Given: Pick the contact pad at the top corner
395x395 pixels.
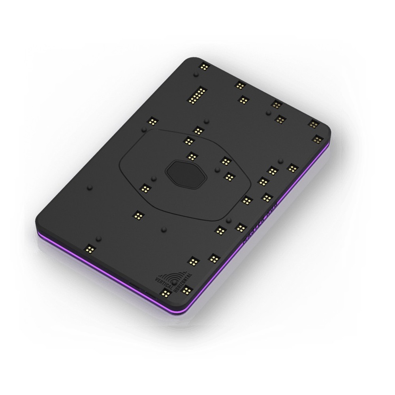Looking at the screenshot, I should click(x=204, y=67).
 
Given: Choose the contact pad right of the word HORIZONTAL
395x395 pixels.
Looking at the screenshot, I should click(x=187, y=290).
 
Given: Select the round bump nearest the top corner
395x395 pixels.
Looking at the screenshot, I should click(x=196, y=74).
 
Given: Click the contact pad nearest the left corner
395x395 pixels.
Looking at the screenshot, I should click(x=90, y=248).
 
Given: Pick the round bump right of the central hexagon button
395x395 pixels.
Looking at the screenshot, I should click(x=216, y=170).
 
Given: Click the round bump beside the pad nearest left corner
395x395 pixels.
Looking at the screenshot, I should click(x=99, y=238).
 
